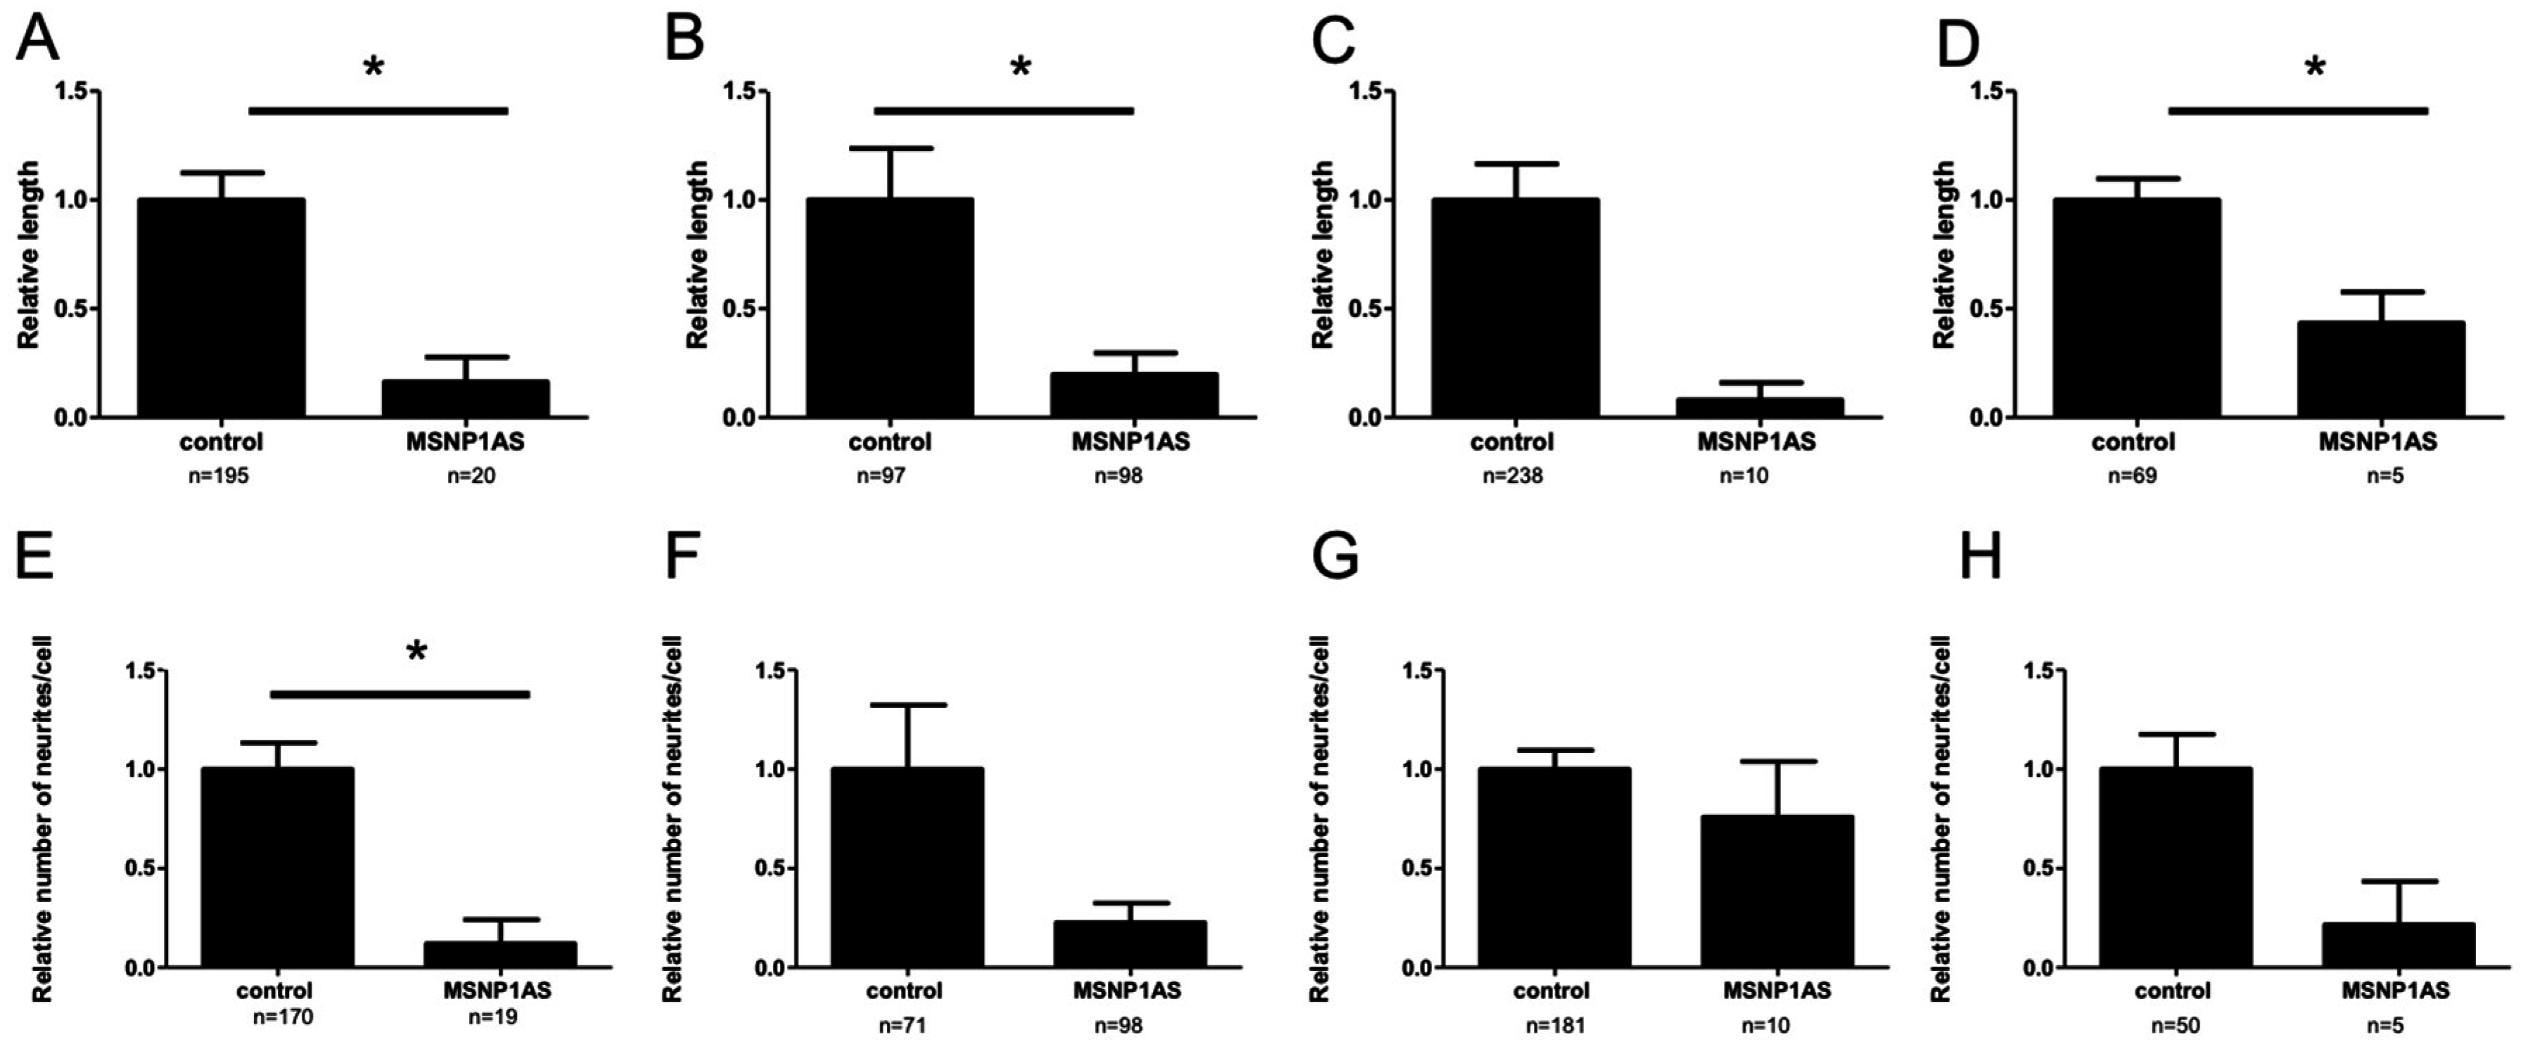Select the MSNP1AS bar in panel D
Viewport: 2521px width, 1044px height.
[2380, 370]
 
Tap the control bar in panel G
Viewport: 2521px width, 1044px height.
[1554, 867]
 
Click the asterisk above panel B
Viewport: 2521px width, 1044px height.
[1021, 67]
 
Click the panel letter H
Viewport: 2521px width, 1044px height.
[1980, 558]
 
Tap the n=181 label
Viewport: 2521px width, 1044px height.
[1555, 1026]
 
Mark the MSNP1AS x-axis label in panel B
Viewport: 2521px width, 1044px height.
[1130, 442]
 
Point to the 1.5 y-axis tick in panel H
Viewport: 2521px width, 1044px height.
[2041, 670]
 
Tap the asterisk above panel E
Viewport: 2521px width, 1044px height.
[417, 652]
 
